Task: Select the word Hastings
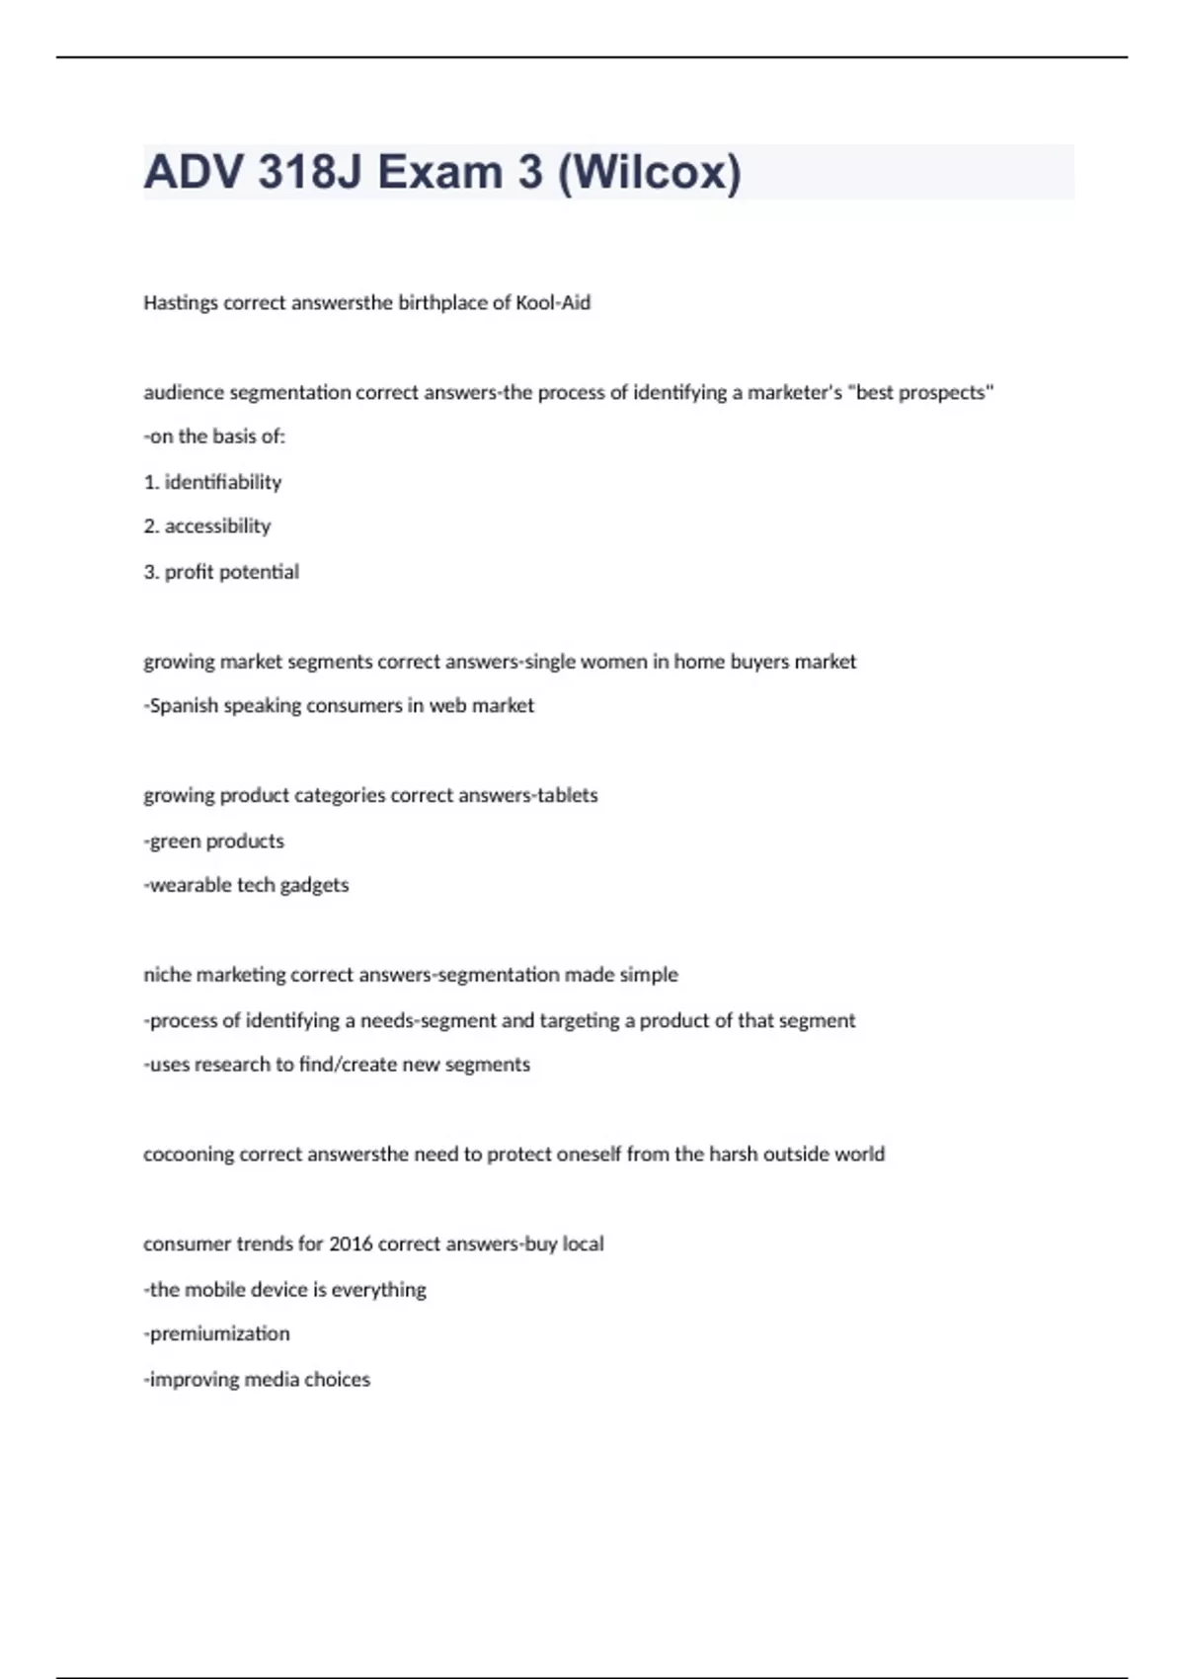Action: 181,303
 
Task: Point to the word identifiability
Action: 223,482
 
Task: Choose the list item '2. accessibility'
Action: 207,526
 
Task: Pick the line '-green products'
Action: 214,840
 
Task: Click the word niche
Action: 167,975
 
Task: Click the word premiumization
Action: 220,1333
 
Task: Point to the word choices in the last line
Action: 337,1379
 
